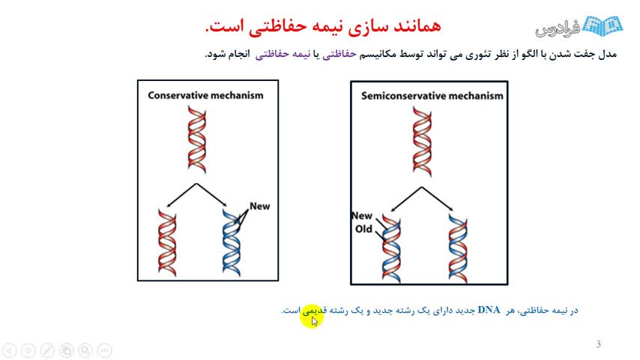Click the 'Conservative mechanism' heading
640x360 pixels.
click(205, 95)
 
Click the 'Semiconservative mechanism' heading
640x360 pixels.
click(432, 95)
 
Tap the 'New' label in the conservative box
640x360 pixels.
click(259, 206)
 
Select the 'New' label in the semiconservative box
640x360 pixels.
click(362, 215)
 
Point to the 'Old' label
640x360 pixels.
click(363, 229)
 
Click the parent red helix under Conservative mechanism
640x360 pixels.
click(197, 139)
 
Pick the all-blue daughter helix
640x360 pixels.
click(232, 242)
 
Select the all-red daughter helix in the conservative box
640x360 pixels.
click(167, 243)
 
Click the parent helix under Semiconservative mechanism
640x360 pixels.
click(422, 142)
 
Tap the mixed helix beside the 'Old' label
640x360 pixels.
click(391, 248)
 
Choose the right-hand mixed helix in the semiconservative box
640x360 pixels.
click(458, 248)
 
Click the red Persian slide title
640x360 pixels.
click(323, 25)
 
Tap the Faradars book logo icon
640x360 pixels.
click(602, 26)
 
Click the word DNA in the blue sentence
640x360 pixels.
click(489, 310)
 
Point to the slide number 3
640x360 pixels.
click(598, 344)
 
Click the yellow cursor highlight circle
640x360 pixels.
click(313, 316)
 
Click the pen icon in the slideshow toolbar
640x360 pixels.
click(47, 350)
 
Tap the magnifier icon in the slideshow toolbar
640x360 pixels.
click(85, 350)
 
